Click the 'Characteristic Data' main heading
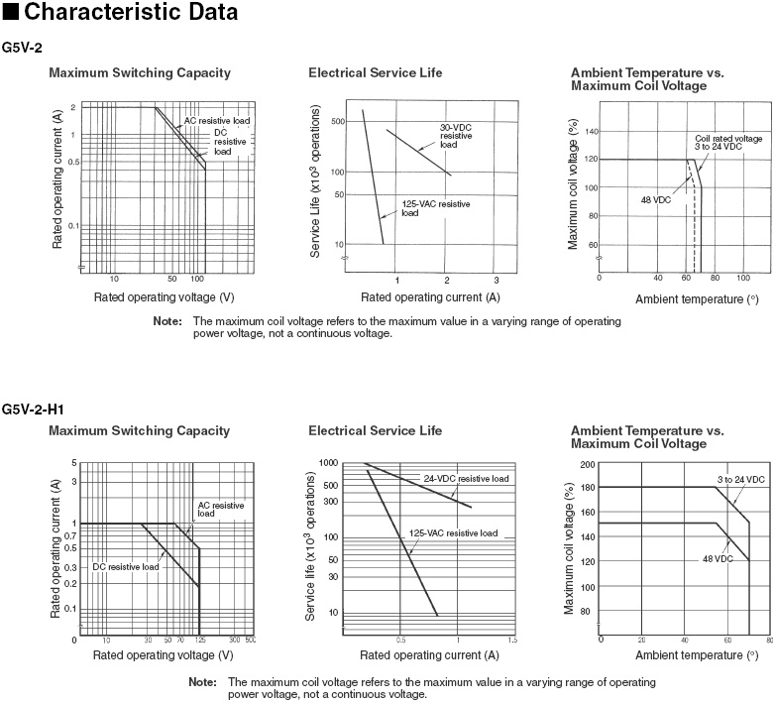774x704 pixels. pos(127,13)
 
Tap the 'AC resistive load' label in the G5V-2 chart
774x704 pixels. pos(217,121)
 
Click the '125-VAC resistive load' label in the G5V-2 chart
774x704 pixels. pos(435,207)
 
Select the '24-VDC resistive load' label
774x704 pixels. pos(466,478)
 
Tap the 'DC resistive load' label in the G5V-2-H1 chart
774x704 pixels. pos(126,567)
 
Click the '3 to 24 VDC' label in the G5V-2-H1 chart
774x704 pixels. pos(740,480)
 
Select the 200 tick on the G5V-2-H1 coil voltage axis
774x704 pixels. pos(589,464)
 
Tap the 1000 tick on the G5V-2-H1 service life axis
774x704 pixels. pos(330,463)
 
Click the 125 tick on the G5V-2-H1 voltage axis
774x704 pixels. pos(199,642)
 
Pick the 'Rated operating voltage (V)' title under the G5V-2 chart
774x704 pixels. pos(164,296)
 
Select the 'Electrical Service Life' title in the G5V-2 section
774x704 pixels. pos(376,72)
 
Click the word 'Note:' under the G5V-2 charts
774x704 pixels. pos(167,321)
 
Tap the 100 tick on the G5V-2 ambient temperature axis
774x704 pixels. pos(744,279)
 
